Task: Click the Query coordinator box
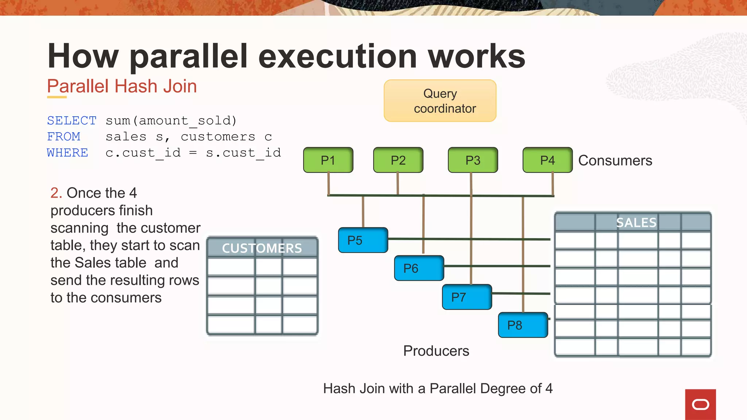coord(440,101)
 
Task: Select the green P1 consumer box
coord(328,160)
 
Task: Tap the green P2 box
coord(398,160)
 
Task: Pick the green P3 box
coord(473,160)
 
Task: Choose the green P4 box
coord(547,160)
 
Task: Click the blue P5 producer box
coord(363,240)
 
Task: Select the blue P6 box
coord(419,268)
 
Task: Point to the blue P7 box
coord(467,297)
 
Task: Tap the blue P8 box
coord(523,325)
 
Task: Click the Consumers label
coord(615,160)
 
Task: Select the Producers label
coord(436,351)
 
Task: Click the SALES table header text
coord(636,222)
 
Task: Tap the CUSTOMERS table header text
coord(262,248)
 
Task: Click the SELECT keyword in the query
coord(71,120)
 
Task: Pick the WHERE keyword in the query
coord(67,152)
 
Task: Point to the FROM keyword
coord(63,136)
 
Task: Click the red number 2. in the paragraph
coord(56,193)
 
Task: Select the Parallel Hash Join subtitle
coord(122,86)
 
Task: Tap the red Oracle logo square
coord(700,404)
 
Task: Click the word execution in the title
coord(337,56)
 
